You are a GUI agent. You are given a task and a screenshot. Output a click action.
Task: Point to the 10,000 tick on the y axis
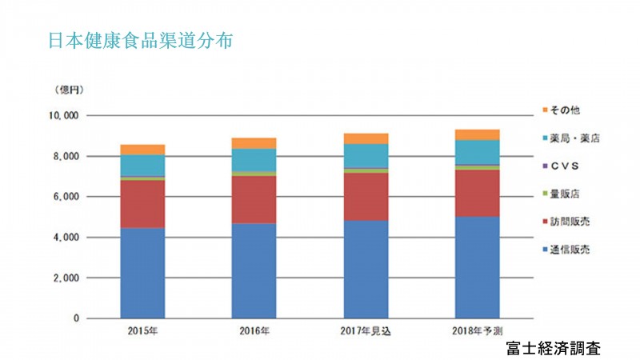pos(62,115)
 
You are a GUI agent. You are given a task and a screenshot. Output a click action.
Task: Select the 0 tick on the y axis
pos(75,319)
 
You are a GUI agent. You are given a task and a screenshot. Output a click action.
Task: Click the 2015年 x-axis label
pos(142,330)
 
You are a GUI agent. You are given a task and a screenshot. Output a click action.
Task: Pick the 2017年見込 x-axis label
pos(365,330)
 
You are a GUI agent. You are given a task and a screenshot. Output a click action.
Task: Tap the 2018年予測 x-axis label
pos(477,330)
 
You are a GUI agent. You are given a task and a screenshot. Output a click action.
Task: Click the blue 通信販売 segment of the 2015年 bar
pos(142,273)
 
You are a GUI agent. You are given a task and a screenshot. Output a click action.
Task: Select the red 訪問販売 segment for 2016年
pos(254,199)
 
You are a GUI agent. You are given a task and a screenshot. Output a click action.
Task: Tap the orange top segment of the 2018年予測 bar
pos(477,134)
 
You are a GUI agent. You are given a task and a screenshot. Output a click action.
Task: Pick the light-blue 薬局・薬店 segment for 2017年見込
pos(366,155)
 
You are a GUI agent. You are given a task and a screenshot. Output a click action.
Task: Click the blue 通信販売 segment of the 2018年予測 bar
pos(477,267)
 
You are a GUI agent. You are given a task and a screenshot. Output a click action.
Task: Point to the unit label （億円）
pos(70,89)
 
